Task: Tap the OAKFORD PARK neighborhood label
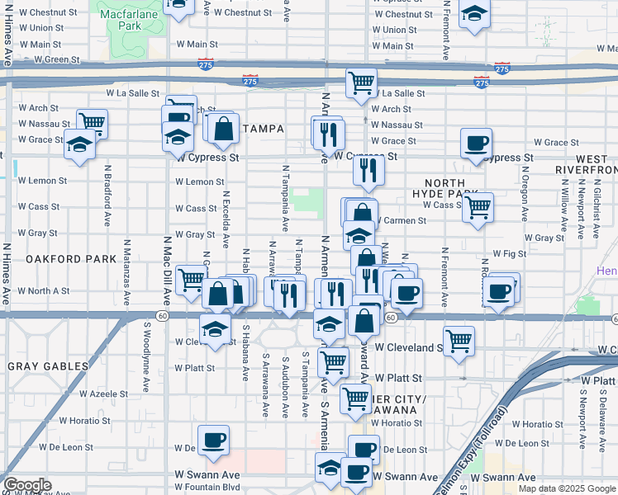coord(70,259)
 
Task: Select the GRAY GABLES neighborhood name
coord(48,365)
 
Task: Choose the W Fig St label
coord(509,254)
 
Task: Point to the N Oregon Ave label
coord(525,195)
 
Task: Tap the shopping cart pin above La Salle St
coord(361,82)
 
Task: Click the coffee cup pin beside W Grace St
coord(476,142)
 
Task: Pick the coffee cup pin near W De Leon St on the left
coord(213,439)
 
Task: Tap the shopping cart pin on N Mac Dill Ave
coord(192,280)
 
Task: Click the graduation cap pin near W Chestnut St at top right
coord(474,15)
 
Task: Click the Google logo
coord(27,485)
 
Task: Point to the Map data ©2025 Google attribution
coord(566,488)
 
